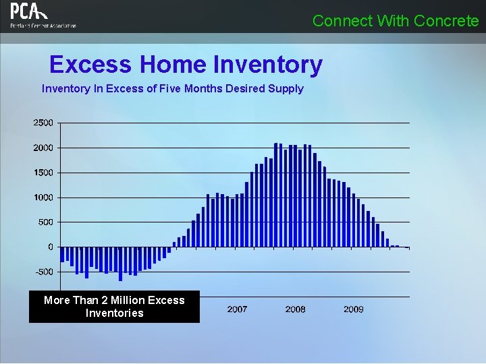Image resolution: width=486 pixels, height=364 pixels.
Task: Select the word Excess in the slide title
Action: click(x=90, y=65)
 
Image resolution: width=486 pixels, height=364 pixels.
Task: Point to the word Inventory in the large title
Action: click(x=268, y=65)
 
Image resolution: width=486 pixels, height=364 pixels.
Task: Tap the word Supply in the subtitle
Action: click(x=286, y=88)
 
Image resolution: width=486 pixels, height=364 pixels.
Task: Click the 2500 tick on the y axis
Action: click(x=43, y=123)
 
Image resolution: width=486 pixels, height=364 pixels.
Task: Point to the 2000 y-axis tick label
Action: click(x=43, y=148)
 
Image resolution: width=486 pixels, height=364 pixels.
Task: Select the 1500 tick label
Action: click(x=43, y=173)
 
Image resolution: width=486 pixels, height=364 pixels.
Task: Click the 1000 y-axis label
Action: click(x=43, y=198)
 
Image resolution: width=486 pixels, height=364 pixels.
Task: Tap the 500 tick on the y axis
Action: click(x=46, y=222)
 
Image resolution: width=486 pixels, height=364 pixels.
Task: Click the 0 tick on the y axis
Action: click(x=51, y=247)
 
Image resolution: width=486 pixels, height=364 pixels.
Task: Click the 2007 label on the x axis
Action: click(x=237, y=309)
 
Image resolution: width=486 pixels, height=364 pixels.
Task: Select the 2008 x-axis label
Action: click(x=295, y=309)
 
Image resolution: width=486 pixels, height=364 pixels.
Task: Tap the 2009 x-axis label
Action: click(x=354, y=309)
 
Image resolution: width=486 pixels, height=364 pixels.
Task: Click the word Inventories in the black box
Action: click(x=115, y=313)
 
